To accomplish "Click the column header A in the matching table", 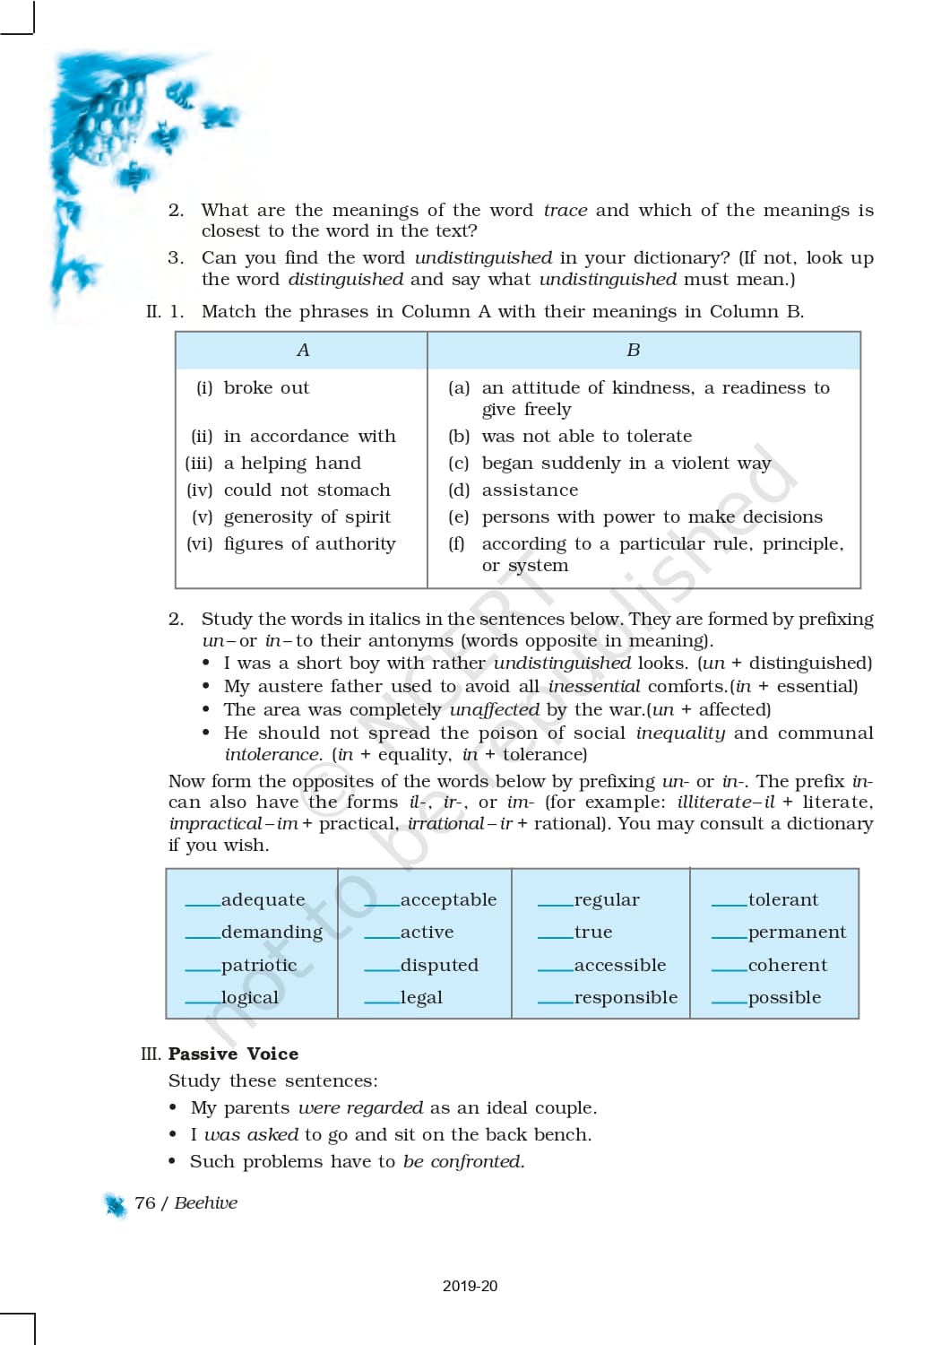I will [303, 351].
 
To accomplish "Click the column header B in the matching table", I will [634, 351].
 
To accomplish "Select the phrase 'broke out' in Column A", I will [266, 388].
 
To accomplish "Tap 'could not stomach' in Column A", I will [306, 490].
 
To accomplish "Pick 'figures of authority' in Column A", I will [309, 544].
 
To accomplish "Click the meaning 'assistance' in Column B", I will [530, 490].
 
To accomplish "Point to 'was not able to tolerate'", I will [586, 437].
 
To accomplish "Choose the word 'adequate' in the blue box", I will [263, 900].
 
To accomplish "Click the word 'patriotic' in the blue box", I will [259, 966].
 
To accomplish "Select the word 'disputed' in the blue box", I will [439, 966].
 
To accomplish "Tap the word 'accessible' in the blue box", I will [619, 966].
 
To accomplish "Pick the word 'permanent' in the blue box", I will [797, 933].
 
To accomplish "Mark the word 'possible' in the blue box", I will [784, 998].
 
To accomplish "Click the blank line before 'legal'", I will [382, 1002].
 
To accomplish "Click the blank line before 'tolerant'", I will [729, 905].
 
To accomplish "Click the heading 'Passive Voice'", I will [233, 1054].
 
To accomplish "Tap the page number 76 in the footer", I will [144, 1203].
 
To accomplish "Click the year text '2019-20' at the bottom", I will [470, 1286].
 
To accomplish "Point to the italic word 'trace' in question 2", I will [565, 211].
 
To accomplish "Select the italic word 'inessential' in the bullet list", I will [594, 687].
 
